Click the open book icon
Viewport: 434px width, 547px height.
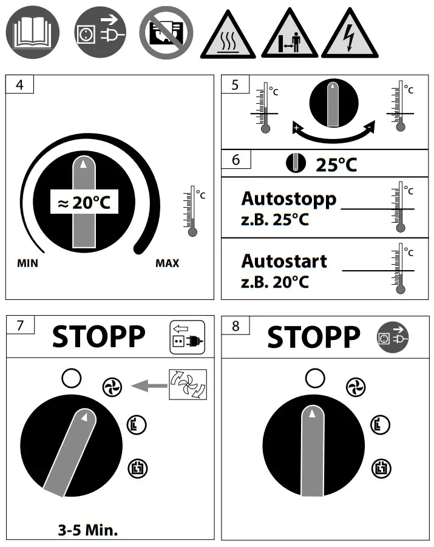tap(32, 32)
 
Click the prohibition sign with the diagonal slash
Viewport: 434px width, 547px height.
tap(166, 32)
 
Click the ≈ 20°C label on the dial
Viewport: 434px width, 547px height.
tap(84, 202)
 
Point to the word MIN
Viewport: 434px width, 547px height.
tap(27, 263)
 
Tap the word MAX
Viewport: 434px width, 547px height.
tap(167, 263)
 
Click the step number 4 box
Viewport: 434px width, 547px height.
tap(19, 84)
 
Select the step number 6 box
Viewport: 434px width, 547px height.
tap(236, 160)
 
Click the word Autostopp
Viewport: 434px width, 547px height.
tap(289, 199)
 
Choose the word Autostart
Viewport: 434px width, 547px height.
tap(284, 261)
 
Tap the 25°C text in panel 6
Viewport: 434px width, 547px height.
tap(336, 165)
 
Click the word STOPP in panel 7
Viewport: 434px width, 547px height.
tap(99, 337)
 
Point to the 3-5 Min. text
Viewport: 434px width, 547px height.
tap(87, 530)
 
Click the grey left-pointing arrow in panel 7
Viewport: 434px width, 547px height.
tap(149, 386)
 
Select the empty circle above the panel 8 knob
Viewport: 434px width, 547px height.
tap(315, 378)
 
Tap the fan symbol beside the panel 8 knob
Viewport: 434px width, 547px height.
tap(356, 387)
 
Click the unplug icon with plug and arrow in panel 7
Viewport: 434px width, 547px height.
tap(188, 338)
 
